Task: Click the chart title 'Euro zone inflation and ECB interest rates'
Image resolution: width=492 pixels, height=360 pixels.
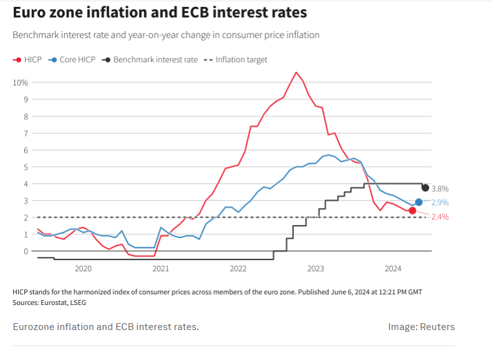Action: pos(159,12)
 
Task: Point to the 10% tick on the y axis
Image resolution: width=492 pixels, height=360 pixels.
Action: pos(20,82)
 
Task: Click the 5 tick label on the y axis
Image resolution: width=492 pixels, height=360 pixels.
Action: pos(25,167)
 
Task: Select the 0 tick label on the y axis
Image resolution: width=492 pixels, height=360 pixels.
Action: pos(25,251)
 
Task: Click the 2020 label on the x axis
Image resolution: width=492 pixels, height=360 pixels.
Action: pos(83,269)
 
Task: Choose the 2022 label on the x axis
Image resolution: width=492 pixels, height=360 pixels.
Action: pos(238,269)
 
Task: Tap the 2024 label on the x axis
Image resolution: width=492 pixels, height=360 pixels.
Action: pos(393,269)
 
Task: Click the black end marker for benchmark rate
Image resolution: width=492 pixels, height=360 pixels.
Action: pos(425,187)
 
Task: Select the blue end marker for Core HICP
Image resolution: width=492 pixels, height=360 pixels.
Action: pos(418,202)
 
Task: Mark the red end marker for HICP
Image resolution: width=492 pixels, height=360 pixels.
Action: pos(412,211)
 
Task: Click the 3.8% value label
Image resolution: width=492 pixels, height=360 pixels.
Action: pos(440,189)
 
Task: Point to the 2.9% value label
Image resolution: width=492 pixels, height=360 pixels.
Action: pos(440,202)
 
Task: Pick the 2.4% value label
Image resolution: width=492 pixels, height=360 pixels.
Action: pos(440,217)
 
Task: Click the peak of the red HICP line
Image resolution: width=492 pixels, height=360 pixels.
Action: pos(296,72)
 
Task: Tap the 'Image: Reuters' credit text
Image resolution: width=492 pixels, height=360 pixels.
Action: pos(421,327)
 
